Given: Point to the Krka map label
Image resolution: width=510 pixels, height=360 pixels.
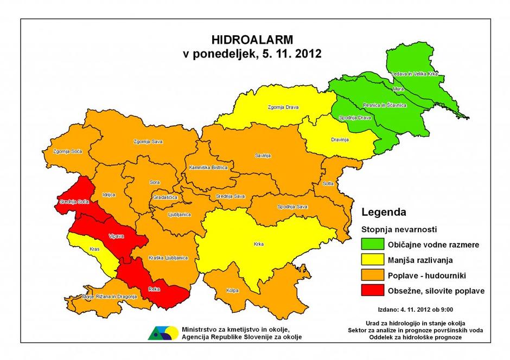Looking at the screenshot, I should click(x=258, y=245).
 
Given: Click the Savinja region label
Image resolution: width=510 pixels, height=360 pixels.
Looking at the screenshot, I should click(x=263, y=156).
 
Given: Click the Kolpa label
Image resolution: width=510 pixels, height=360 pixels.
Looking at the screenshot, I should click(x=232, y=291).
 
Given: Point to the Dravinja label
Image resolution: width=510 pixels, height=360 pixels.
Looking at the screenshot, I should click(x=340, y=140).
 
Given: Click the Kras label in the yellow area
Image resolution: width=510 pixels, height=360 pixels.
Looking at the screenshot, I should click(x=94, y=250).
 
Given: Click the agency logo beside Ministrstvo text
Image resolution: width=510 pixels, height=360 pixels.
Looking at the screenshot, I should click(x=163, y=333).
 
